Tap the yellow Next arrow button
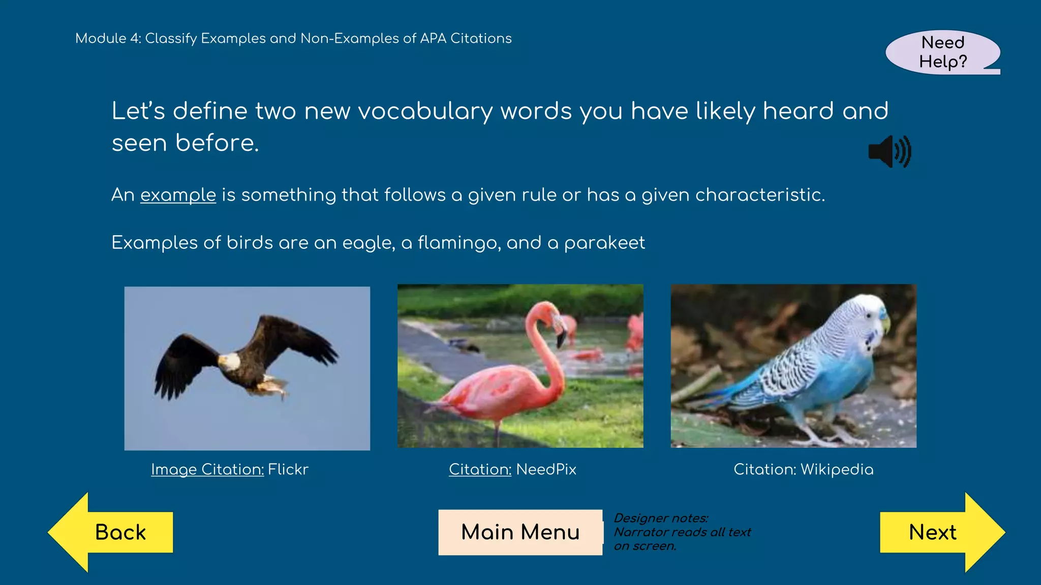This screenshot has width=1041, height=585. pyautogui.click(x=938, y=532)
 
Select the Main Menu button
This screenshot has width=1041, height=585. pyautogui.click(x=520, y=532)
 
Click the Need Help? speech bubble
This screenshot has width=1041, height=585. pyautogui.click(x=942, y=52)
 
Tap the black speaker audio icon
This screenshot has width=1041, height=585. pyautogui.click(x=890, y=151)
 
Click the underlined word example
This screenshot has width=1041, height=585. pyautogui.click(x=178, y=195)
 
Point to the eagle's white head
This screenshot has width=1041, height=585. pyautogui.click(x=229, y=361)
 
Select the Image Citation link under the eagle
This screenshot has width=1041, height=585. pyautogui.click(x=207, y=469)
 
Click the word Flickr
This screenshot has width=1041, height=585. pyautogui.click(x=288, y=469)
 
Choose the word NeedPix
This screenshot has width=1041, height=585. pyautogui.click(x=546, y=469)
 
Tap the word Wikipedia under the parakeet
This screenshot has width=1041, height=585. pyautogui.click(x=837, y=469)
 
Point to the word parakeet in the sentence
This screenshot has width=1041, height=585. pyautogui.click(x=604, y=243)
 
